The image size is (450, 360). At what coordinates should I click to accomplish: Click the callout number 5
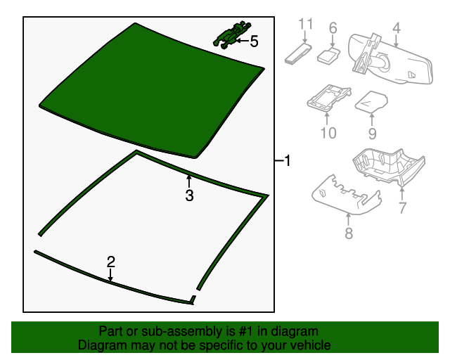coord(254,41)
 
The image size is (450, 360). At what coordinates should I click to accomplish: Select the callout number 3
coord(189,195)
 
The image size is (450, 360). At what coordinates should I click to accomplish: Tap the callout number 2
coord(111,262)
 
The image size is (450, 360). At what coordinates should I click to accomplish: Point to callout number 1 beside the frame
coord(288,160)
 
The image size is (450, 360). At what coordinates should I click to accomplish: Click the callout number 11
coord(306,24)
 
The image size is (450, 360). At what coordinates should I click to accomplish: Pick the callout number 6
coord(333,28)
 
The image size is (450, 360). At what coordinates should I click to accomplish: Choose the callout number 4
coord(397,28)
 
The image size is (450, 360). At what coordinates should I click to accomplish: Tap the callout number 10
coord(328,133)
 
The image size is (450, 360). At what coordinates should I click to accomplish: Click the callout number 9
coord(372,134)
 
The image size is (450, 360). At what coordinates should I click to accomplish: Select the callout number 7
coord(402,208)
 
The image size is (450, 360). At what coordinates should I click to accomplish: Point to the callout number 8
coord(349,233)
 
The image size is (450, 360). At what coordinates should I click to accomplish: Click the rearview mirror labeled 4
coord(390,59)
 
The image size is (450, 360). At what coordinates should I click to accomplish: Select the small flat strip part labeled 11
coord(298,53)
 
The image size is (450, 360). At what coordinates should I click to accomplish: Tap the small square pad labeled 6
coord(328,55)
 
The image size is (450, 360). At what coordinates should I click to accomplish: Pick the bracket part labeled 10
coord(329,97)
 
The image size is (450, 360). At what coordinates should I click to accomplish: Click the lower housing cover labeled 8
coord(346,195)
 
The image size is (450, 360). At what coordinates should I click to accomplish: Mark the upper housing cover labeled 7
coord(389,167)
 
